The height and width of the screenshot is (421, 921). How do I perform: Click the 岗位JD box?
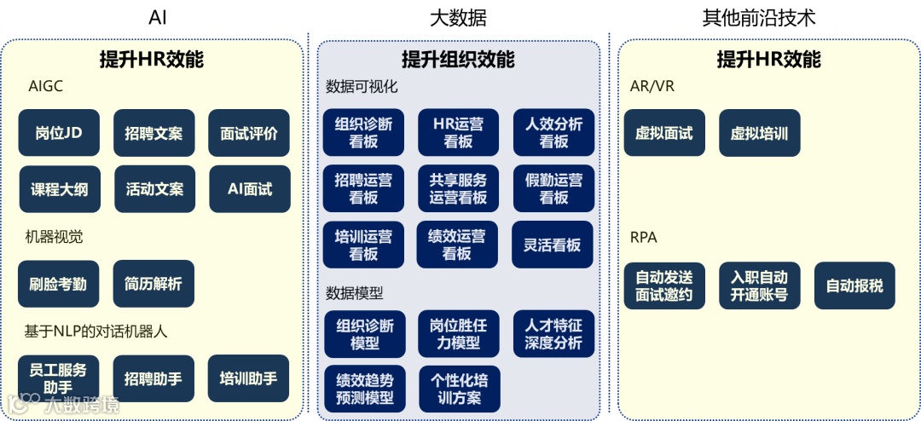[59, 133]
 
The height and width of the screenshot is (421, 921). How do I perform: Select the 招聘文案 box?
[153, 133]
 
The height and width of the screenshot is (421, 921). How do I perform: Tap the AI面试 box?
[250, 189]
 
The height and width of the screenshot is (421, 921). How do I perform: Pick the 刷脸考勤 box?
[58, 284]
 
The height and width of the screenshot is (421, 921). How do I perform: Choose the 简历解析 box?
[153, 284]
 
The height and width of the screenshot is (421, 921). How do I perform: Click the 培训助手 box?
[248, 378]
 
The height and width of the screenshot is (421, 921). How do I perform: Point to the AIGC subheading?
[45, 86]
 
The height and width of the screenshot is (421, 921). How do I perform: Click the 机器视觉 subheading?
[54, 237]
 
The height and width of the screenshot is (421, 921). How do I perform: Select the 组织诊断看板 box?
[364, 132]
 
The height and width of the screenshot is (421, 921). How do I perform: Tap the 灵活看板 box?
[552, 245]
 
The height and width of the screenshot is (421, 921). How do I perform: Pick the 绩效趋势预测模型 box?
[365, 389]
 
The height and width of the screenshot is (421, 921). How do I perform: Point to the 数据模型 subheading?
[355, 292]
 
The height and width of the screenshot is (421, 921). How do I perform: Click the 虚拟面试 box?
[664, 133]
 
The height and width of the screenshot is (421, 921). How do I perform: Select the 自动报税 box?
[854, 285]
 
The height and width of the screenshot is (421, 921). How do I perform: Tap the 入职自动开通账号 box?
[759, 285]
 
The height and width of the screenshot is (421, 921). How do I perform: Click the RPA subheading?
[643, 237]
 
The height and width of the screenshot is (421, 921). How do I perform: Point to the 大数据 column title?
[458, 17]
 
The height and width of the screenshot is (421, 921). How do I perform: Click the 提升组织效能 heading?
[458, 59]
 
